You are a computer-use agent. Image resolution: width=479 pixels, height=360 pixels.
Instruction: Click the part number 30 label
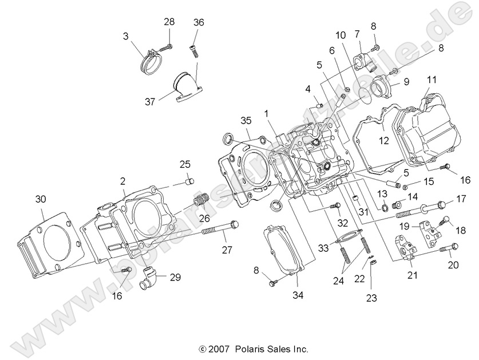point(39,199)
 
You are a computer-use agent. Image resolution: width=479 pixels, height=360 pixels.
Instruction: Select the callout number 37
point(151,102)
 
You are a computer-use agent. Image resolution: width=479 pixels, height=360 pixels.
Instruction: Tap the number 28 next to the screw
point(169,22)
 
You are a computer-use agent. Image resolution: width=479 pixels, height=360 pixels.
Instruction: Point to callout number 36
point(199,22)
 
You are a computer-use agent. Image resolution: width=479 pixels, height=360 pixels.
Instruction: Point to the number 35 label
point(246,121)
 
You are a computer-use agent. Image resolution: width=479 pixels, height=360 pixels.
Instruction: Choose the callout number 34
point(298,296)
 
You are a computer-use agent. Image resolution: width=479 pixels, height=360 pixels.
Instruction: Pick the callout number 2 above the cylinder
point(122,181)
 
